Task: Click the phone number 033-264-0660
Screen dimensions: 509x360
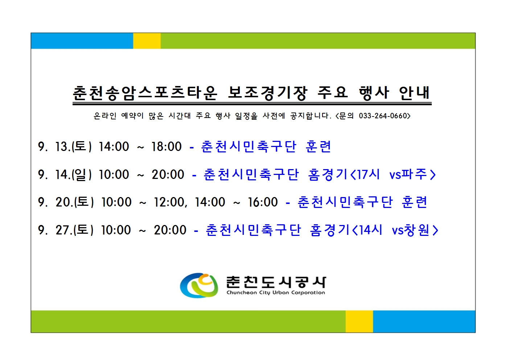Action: coord(383,116)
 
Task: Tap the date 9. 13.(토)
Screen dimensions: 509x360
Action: coord(65,146)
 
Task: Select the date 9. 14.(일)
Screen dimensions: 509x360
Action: coord(65,174)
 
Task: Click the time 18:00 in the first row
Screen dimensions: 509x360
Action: coord(167,146)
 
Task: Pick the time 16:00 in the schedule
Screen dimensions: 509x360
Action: coord(263,202)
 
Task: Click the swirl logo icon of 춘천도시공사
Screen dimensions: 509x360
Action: coord(199,286)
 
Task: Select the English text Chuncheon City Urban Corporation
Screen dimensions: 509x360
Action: coord(276,293)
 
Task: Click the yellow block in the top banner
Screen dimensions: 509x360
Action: coord(147,41)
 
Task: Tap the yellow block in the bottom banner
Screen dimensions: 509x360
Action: coord(359,322)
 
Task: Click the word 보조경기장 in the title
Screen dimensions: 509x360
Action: coord(268,93)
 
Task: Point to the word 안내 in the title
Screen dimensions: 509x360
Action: coord(414,93)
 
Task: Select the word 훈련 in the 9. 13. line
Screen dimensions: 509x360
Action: coord(318,146)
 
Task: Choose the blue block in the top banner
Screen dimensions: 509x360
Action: coord(82,41)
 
